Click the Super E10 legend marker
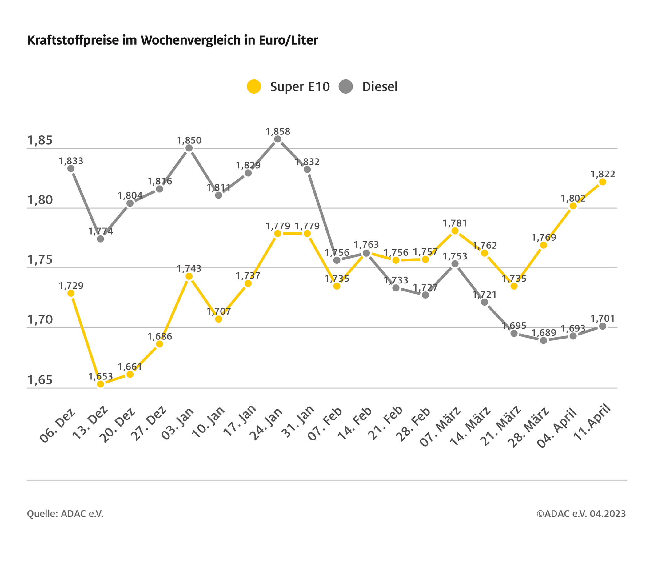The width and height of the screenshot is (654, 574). click(x=254, y=86)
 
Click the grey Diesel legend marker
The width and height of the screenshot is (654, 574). click(x=345, y=86)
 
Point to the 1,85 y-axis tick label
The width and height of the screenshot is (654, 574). click(x=40, y=141)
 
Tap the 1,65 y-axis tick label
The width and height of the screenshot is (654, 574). click(x=40, y=380)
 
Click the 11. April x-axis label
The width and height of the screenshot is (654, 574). click(x=592, y=423)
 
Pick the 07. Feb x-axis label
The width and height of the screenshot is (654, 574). click(x=325, y=424)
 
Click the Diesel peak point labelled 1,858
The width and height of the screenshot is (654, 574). click(x=278, y=139)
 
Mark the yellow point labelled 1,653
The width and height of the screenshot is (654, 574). click(x=101, y=384)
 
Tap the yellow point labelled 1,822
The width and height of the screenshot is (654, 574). click(x=603, y=182)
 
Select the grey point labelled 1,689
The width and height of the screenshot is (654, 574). click(x=544, y=341)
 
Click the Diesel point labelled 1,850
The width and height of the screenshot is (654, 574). click(x=189, y=148)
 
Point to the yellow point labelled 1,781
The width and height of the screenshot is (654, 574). click(x=455, y=231)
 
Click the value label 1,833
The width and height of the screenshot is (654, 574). click(x=71, y=161)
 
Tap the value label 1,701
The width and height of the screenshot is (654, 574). click(x=603, y=319)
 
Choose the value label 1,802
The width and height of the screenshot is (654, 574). click(x=573, y=199)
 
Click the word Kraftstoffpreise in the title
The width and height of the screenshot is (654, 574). click(x=73, y=40)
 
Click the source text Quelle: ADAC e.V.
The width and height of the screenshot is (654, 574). click(x=65, y=514)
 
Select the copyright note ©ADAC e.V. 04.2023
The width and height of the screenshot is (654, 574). click(x=581, y=514)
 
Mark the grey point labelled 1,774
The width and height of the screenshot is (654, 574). click(x=101, y=239)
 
